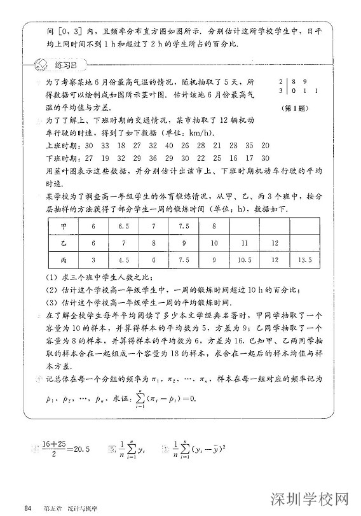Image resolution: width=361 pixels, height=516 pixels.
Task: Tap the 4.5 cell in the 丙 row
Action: click(123, 260)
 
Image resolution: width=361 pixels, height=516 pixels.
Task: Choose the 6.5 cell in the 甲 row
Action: click(123, 227)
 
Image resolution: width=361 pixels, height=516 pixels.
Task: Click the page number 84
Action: click(27, 506)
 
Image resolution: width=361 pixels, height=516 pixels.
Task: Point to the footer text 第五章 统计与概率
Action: click(66, 506)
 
